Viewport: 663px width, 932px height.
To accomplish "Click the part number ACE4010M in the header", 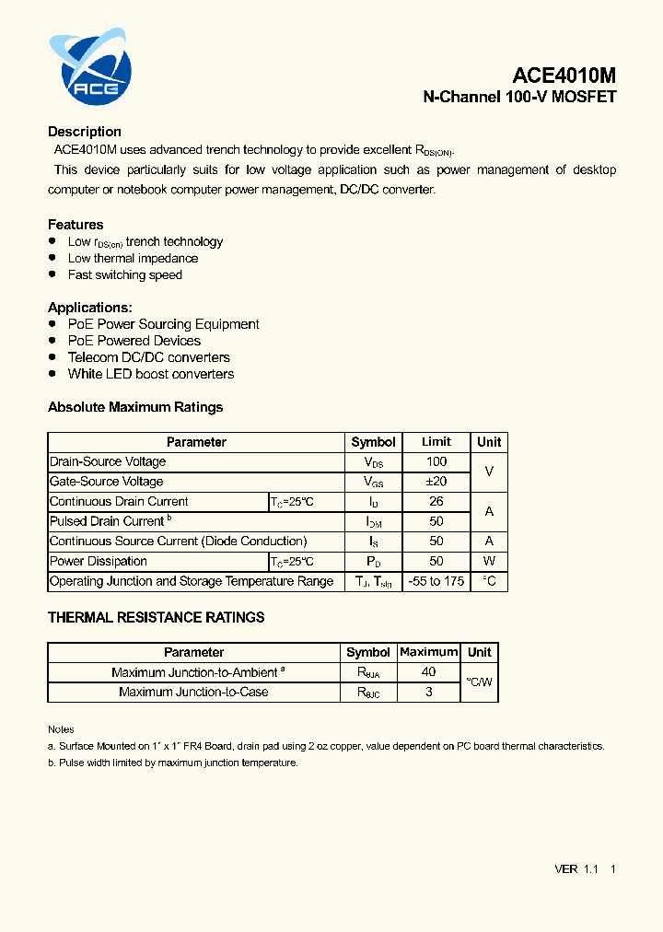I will point(564,76).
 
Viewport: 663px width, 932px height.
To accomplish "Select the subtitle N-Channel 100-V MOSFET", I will point(519,97).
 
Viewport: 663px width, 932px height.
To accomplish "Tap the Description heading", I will point(85,132).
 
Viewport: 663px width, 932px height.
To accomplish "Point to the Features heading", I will point(76,225).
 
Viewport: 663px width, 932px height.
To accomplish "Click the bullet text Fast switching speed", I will point(125,274).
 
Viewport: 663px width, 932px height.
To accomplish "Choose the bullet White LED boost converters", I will point(151,374).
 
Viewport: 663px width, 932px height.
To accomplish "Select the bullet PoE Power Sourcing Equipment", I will point(163,324).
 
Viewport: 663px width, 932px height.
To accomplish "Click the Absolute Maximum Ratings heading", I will point(135,407).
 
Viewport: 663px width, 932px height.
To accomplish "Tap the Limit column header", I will point(436,442).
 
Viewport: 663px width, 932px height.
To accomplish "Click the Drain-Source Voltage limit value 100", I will point(436,461).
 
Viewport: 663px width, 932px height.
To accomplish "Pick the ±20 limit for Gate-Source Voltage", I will point(436,482).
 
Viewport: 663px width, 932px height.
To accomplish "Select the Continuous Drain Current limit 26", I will point(436,502).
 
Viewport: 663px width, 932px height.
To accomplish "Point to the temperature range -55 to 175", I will point(436,581).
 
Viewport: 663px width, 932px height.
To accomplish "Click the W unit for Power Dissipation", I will point(489,561).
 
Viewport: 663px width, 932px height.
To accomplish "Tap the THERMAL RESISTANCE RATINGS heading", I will point(157,617).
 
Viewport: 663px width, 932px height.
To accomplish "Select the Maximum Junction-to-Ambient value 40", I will point(428,672).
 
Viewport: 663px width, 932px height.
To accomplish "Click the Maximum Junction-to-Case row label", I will point(193,692).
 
